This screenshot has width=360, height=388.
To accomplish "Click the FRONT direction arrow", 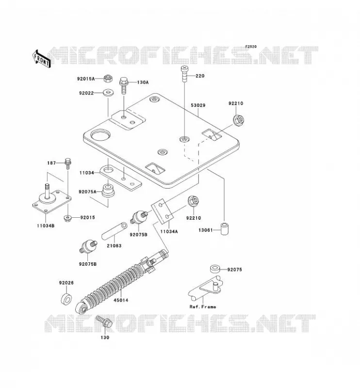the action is (x=42, y=59).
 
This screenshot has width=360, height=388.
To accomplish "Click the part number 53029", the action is (x=198, y=105).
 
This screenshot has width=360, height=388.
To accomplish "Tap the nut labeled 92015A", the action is (x=108, y=79).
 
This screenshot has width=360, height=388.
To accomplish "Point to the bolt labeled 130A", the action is (x=124, y=85).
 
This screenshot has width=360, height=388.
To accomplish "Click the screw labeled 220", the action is (x=184, y=73).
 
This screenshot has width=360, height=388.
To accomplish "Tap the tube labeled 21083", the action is (x=115, y=231).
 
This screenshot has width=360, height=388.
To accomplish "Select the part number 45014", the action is (x=121, y=300).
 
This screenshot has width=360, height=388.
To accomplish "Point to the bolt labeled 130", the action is (x=104, y=322).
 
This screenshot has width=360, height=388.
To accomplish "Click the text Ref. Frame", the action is (x=203, y=307).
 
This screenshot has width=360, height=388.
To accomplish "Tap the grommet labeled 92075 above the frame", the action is (x=215, y=269).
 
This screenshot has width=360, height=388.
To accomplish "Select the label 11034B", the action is (x=46, y=226).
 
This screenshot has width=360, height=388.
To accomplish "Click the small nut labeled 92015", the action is (x=67, y=218).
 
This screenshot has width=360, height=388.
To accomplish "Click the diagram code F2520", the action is (x=251, y=47).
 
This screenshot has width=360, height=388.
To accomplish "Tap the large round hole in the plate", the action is (x=100, y=135).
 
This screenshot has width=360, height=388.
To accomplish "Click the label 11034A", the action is (x=169, y=232).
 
